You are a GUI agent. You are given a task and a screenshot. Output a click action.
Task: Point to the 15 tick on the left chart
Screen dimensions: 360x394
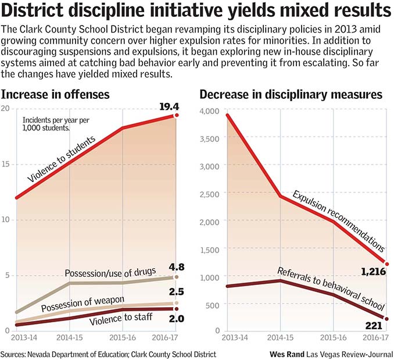click(x=6, y=165)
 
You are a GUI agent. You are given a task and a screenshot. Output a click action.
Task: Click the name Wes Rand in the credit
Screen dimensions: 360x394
click(x=290, y=354)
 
